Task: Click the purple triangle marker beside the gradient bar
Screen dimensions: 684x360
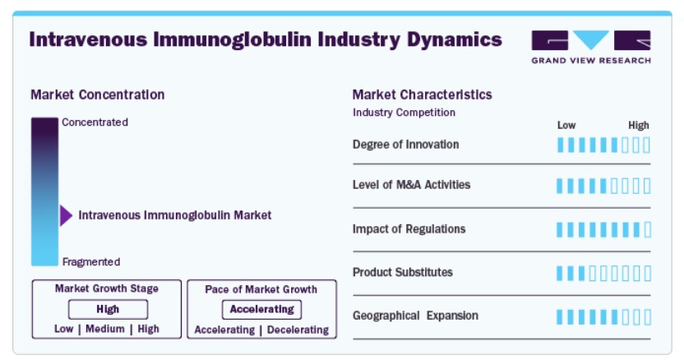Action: (x=66, y=215)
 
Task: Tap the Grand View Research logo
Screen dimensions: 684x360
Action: (x=591, y=47)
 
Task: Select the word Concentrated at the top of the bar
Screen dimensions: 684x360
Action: (x=95, y=122)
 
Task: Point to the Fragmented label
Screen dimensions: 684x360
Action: (x=91, y=262)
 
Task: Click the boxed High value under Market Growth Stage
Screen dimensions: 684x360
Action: (x=108, y=309)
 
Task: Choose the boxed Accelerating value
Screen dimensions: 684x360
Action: (x=261, y=309)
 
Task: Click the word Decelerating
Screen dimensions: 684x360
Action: (x=298, y=330)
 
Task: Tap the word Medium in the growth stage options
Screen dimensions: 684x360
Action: (x=105, y=329)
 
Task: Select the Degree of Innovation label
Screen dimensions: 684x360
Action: (x=405, y=145)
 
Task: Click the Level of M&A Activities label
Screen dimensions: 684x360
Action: (x=411, y=185)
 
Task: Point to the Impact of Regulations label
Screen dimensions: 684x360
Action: (x=409, y=229)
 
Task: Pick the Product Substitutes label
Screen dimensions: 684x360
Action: (x=403, y=272)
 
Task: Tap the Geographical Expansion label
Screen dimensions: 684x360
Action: (x=415, y=316)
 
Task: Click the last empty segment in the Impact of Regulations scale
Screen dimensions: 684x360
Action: (x=647, y=229)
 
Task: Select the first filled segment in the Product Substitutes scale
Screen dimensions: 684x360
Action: (x=560, y=274)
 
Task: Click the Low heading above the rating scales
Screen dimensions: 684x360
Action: (x=566, y=126)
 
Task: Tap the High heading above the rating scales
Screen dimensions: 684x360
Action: (x=639, y=126)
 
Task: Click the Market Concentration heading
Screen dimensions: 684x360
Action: (x=98, y=95)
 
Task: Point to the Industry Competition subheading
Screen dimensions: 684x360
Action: (x=404, y=113)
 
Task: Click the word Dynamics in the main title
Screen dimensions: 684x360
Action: (x=455, y=39)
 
